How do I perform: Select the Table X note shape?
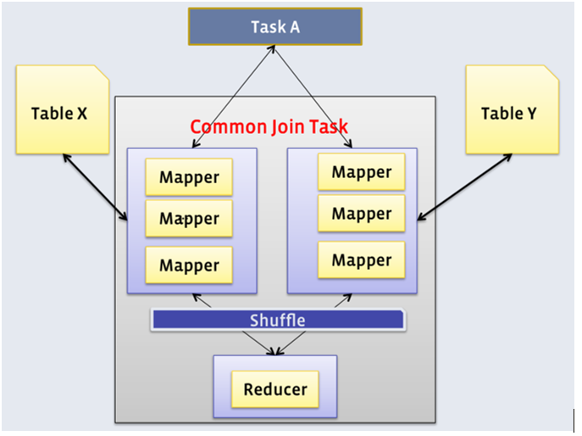coord(61,113)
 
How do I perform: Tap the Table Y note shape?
coord(511,113)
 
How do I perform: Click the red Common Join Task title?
coord(269,127)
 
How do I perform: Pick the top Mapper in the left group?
coord(189,177)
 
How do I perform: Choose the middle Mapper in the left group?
coord(189,219)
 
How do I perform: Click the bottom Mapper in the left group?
coord(189,265)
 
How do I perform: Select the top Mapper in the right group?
coord(361,172)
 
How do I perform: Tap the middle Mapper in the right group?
coord(361,214)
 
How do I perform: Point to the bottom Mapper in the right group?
coord(361,260)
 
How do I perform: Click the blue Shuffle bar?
coord(278,320)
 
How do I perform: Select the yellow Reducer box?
coord(274,390)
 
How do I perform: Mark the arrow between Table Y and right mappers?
coord(463,187)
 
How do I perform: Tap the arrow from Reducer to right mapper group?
coord(314,323)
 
